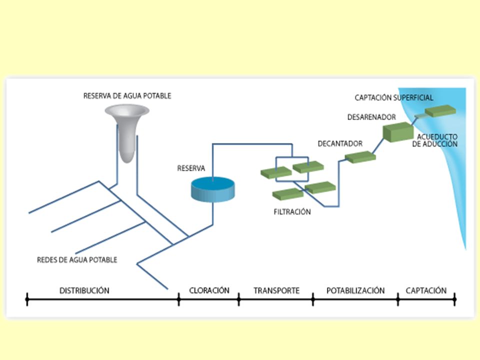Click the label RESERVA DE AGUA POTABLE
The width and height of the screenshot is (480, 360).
pos(127,96)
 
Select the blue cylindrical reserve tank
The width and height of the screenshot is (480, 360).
pos(213,189)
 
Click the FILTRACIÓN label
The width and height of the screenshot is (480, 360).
pos(292,212)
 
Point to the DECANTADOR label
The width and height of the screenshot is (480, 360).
pos(340,143)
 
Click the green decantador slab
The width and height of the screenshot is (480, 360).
pos(360,157)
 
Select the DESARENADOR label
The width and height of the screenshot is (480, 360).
pos(371,117)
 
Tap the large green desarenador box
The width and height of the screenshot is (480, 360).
pos(398,132)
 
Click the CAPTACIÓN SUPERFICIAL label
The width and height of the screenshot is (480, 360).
pos(394,97)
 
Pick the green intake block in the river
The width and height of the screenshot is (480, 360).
pos(440,111)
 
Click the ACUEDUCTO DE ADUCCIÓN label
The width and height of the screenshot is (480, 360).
pos(435,140)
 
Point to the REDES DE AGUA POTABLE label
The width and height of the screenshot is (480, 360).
pos(77,260)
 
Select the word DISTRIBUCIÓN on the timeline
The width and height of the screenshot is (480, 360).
pos(84,290)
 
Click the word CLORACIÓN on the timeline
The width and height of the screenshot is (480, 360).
pos(209,290)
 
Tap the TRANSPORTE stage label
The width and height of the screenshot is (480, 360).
pos(276,290)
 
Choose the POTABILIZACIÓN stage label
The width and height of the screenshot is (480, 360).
pos(355,290)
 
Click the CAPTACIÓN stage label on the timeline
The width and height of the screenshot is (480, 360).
pos(426,290)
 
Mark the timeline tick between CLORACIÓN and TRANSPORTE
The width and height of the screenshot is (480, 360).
pos(239,299)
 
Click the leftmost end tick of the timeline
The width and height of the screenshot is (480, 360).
pos(27,299)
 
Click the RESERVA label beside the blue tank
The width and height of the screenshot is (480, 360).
pos(191,168)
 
